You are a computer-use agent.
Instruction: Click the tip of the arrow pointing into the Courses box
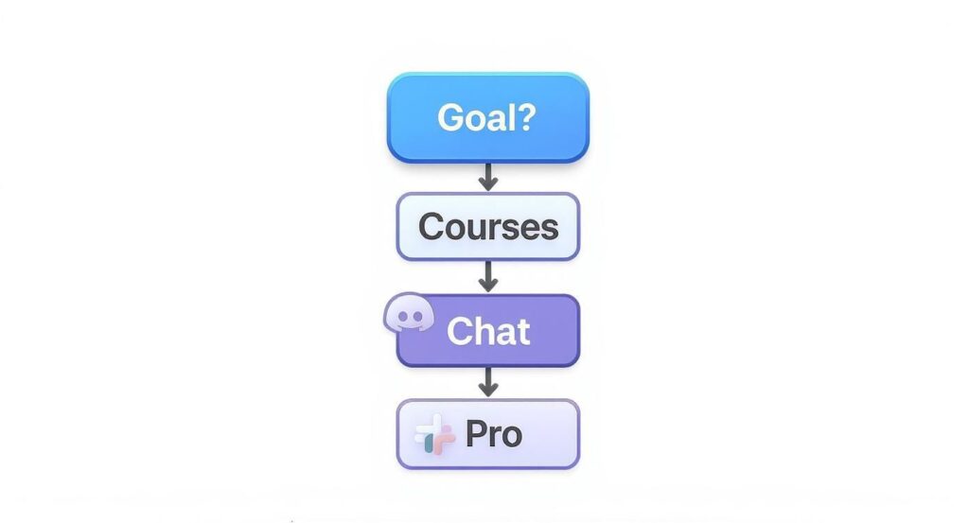[488, 191]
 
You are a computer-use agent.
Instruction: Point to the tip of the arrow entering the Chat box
[488, 292]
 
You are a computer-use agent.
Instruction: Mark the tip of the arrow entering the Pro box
[488, 397]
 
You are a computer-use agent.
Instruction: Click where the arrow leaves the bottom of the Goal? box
[488, 163]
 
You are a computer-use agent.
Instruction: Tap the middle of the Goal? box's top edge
[488, 73]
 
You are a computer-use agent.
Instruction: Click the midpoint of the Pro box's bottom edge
[488, 469]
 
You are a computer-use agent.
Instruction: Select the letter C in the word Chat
[459, 332]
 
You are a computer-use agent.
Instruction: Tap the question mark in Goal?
[526, 116]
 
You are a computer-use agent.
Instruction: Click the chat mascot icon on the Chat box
[409, 313]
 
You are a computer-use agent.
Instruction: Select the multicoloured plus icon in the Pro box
[435, 434]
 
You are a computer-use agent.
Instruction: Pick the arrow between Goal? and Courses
[488, 177]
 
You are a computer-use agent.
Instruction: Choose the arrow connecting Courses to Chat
[488, 276]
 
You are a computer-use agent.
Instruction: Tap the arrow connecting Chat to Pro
[488, 382]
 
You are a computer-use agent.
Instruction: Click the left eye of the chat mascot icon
[402, 317]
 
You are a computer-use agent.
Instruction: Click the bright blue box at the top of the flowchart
[488, 117]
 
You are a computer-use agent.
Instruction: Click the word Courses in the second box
[488, 227]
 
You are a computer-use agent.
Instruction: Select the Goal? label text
[486, 117]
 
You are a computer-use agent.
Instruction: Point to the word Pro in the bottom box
[494, 434]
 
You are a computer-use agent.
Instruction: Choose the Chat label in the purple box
[488, 332]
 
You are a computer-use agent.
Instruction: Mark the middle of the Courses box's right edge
[580, 227]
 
